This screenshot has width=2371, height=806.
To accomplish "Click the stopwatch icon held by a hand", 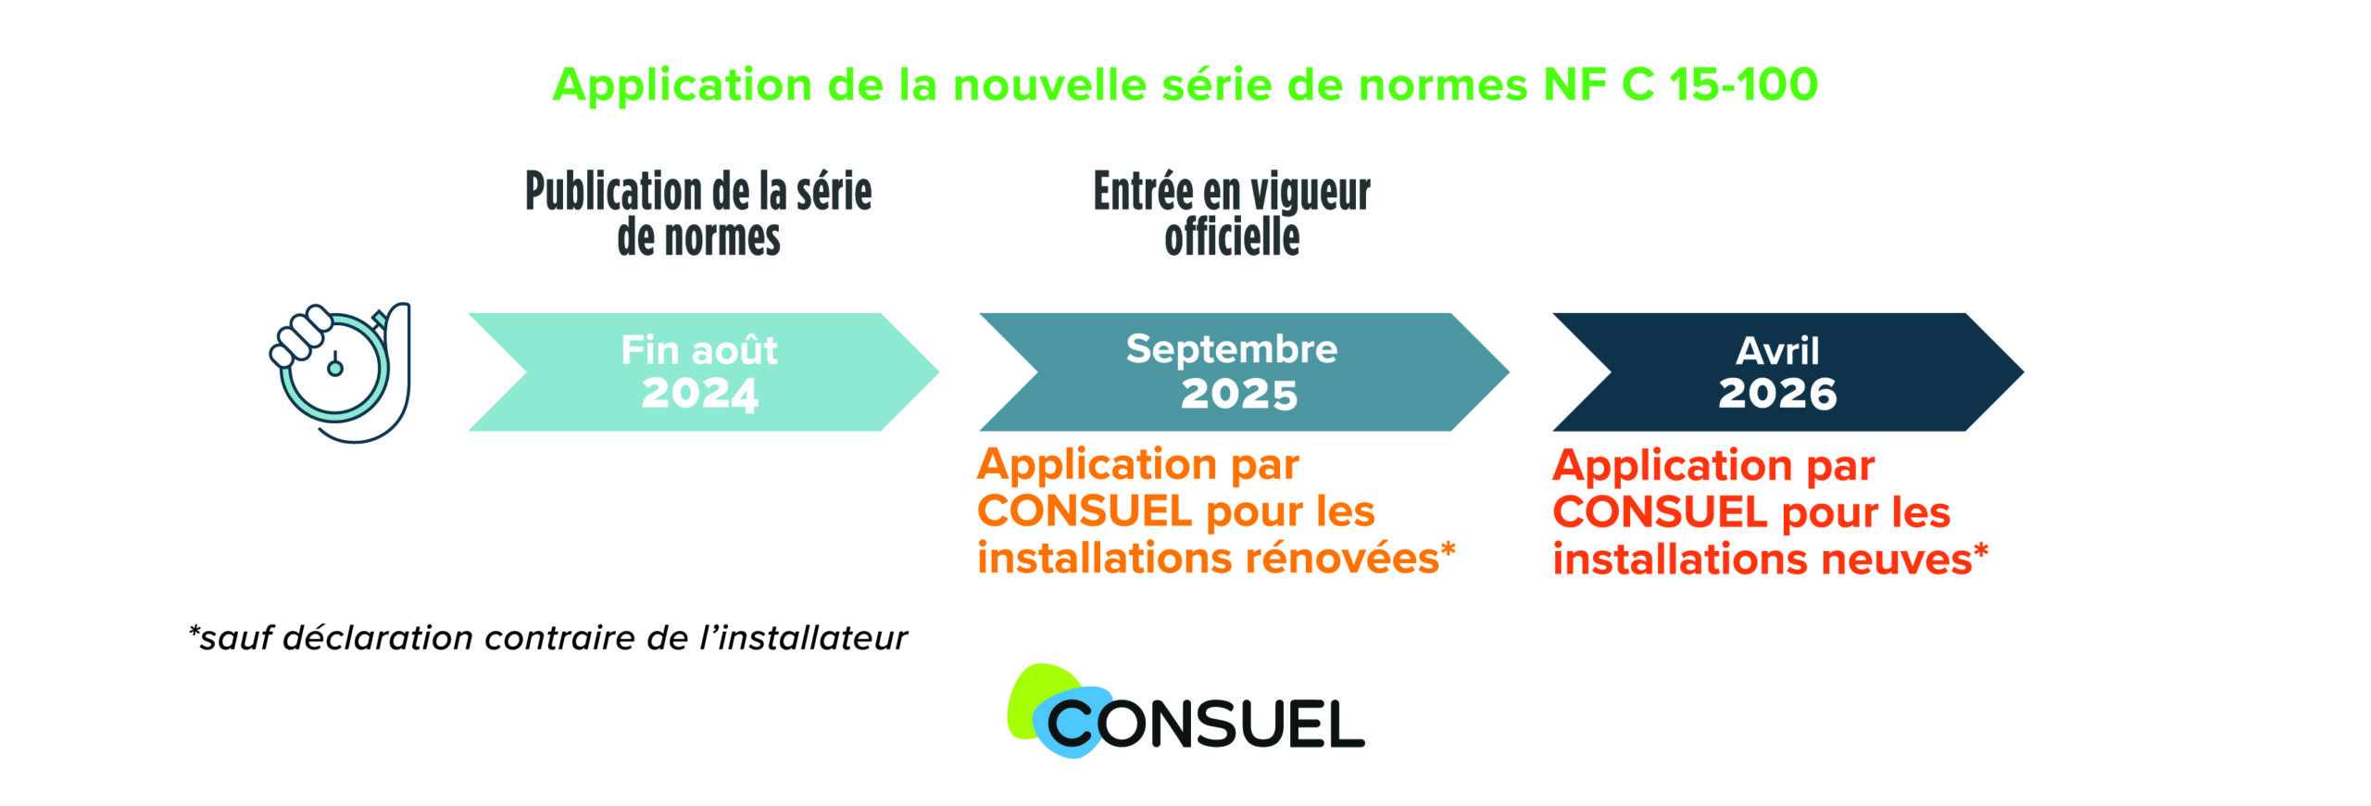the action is (340, 372).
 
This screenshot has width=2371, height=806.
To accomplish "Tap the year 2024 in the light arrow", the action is (700, 394).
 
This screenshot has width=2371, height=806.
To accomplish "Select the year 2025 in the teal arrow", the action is (1239, 395).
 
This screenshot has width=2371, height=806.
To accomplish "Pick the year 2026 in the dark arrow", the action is (1777, 394).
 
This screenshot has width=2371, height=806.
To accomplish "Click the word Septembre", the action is (1232, 350).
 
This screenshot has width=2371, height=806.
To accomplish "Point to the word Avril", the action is (1777, 351).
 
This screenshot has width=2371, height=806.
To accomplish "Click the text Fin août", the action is (699, 350).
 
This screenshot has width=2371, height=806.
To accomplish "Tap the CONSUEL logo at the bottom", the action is (1185, 712).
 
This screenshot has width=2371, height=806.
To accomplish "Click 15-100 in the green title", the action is (1743, 84).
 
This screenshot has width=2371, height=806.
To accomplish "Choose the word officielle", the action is (1232, 237).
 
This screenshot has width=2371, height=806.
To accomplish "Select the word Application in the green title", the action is (683, 86).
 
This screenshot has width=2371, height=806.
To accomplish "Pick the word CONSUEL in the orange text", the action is (1085, 511).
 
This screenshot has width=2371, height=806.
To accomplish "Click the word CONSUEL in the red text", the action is (1660, 512).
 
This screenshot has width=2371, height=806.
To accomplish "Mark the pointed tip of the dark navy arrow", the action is (2024, 372).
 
